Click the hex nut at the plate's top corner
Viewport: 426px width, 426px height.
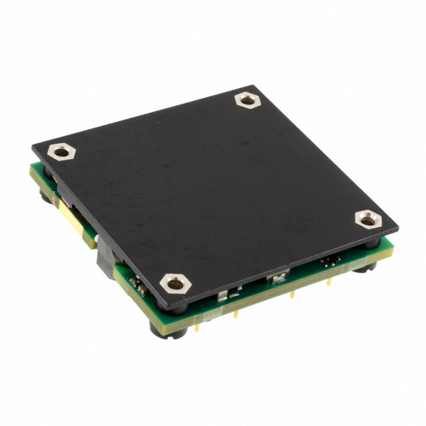pos(247,101)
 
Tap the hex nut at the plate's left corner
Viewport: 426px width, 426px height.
pos(62,152)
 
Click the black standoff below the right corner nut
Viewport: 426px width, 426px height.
pos(365,267)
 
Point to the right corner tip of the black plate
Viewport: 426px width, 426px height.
pos(398,228)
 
